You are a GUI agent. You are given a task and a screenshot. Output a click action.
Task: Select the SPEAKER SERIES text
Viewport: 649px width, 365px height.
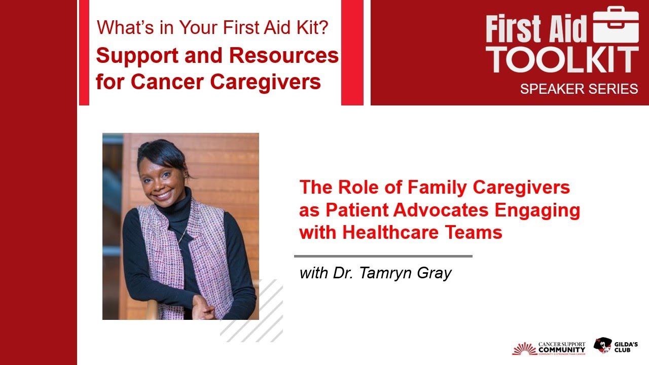coord(579,89)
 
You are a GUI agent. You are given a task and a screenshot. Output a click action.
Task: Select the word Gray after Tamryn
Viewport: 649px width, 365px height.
coord(435,273)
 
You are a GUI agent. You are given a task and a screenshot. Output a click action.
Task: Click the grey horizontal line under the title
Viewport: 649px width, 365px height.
coord(383,257)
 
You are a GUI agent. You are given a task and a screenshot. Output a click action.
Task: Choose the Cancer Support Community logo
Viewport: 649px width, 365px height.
coord(549,347)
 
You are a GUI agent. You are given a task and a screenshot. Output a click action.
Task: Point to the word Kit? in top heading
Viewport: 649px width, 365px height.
coord(312,27)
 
